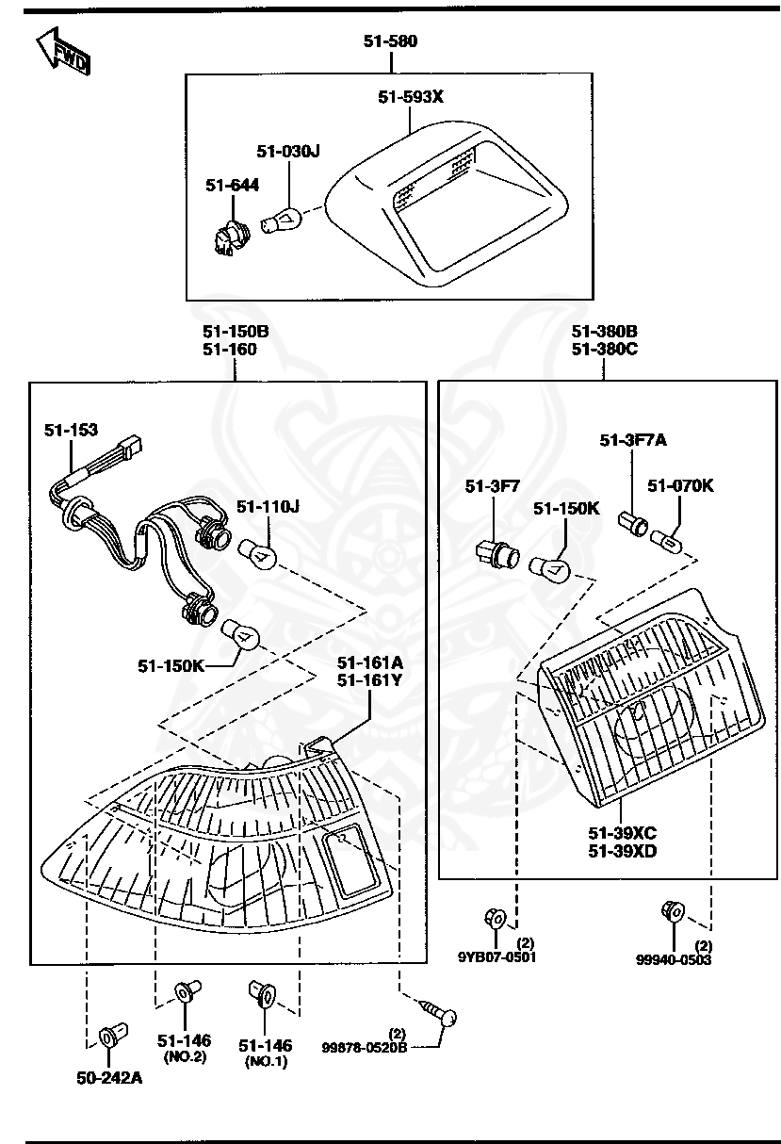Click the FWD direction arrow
[64, 53]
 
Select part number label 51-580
[390, 41]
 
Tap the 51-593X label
[410, 96]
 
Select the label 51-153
[71, 430]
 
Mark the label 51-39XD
[622, 851]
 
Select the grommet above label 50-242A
[109, 1038]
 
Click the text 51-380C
[604, 349]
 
